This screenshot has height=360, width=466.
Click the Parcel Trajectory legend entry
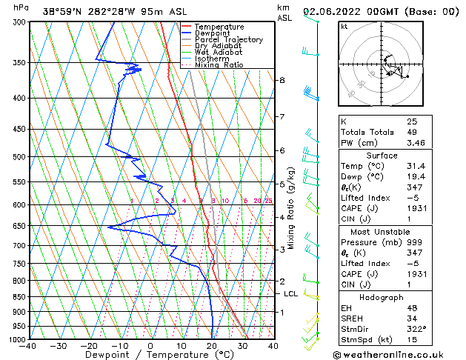tap(228, 39)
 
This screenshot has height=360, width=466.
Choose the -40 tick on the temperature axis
tap(29, 346)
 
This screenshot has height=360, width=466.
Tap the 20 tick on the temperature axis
tap(212, 346)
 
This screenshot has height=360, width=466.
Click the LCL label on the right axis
tap(290, 294)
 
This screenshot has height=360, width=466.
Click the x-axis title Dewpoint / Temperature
tap(150, 355)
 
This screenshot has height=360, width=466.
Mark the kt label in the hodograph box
tap(344, 26)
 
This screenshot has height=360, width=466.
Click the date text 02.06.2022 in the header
tap(337, 10)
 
